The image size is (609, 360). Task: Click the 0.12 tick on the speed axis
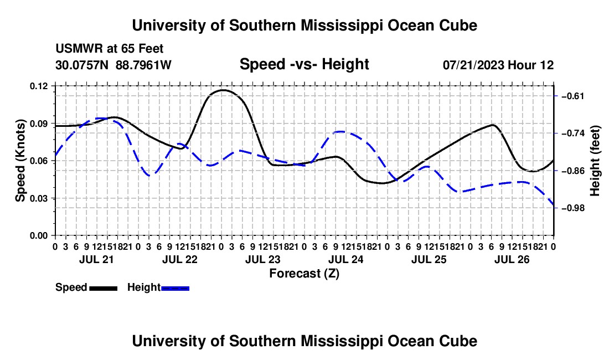coord(38,86)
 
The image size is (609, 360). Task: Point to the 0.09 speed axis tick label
coord(38,124)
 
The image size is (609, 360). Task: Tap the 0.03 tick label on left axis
coord(38,198)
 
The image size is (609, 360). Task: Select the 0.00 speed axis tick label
coord(38,236)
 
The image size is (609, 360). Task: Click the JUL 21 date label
coord(96,259)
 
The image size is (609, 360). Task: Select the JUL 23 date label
coord(262,259)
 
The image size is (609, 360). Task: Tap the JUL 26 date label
coord(512,259)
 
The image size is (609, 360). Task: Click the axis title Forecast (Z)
coord(304,274)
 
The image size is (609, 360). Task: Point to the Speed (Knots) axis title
coord(20,161)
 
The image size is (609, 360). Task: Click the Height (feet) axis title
coord(595,161)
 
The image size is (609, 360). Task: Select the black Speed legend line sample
coord(104,289)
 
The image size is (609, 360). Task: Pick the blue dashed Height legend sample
coord(175,289)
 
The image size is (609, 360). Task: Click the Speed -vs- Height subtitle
coord(304,64)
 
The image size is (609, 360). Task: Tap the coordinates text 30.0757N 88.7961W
coord(113,65)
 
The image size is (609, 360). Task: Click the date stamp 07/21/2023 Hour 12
coord(498,65)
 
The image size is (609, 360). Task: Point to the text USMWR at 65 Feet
coord(110,49)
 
